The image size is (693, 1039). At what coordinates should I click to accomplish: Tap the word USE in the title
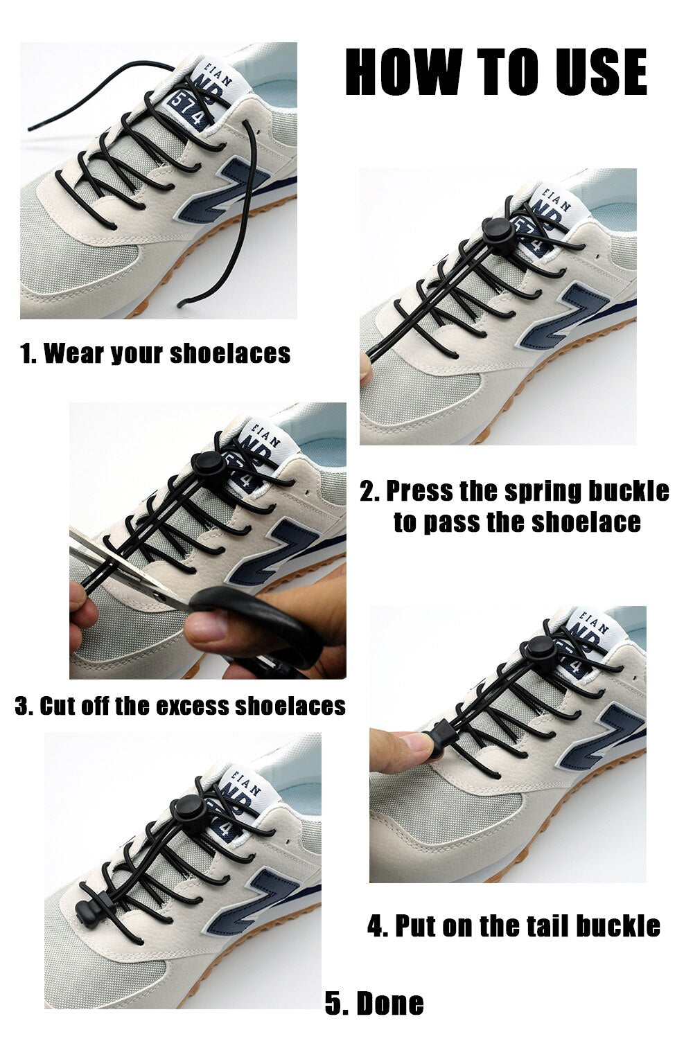(x=601, y=72)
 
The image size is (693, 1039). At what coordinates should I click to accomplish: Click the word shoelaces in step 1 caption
(x=230, y=353)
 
